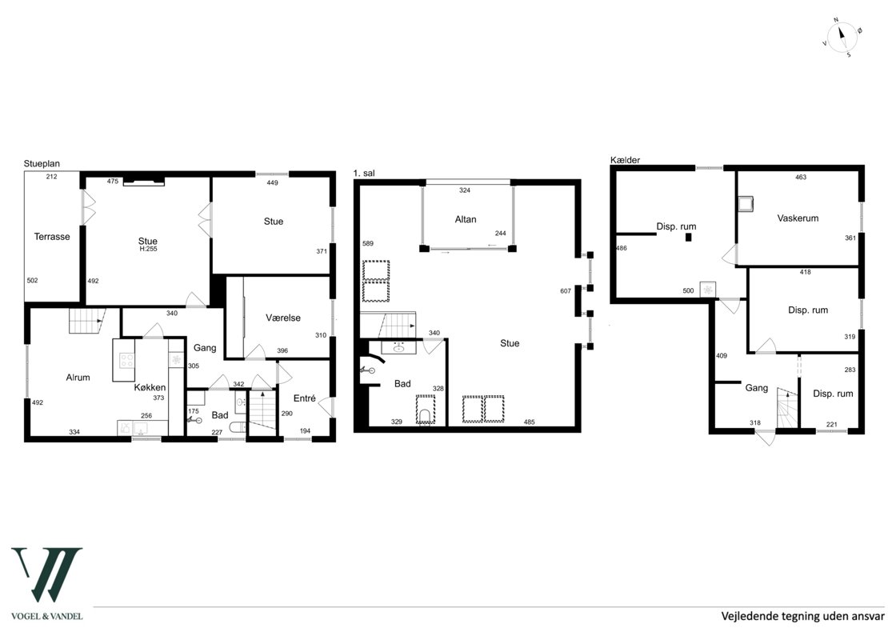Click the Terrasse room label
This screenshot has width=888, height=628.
tap(52, 237)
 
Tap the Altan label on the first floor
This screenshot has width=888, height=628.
tap(466, 219)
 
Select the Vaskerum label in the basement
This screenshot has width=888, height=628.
tap(798, 218)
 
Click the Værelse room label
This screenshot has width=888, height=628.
tap(283, 318)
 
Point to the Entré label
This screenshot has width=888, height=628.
tap(305, 398)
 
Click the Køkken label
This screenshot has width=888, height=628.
tap(150, 387)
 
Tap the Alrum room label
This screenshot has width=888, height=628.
tap(78, 377)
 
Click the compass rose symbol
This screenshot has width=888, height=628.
tap(842, 38)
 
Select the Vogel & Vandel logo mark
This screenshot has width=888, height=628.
tap(47, 574)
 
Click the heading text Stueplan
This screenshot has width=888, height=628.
tap(42, 164)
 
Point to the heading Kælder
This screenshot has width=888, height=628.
tap(626, 160)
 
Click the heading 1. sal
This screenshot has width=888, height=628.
tap(364, 174)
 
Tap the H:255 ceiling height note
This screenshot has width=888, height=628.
tap(148, 249)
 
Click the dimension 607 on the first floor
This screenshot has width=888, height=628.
tap(566, 291)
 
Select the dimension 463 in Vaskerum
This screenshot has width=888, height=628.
tap(801, 178)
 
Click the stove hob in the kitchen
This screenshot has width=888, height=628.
tap(127, 360)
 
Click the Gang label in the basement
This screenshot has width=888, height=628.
tap(757, 388)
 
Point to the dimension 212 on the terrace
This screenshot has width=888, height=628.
tap(51, 177)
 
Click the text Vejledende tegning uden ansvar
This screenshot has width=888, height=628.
tap(802, 616)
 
